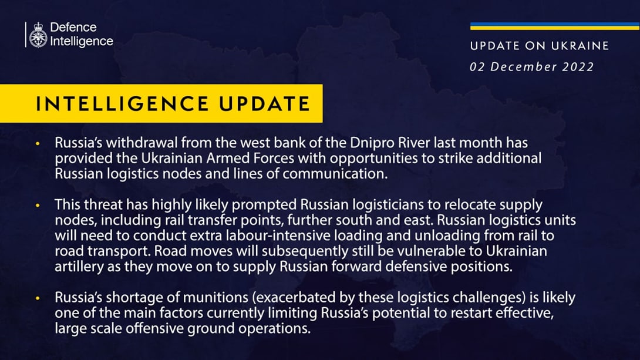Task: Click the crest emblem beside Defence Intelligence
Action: coord(38,35)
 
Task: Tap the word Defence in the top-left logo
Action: coord(73,28)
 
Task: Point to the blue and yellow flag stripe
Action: coord(555,26)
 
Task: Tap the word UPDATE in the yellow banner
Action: coord(264,104)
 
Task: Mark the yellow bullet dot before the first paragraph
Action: coord(38,144)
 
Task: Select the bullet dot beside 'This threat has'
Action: coord(38,206)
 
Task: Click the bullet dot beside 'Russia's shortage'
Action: coord(38,298)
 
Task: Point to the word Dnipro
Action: coord(369,143)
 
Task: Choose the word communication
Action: coord(335,173)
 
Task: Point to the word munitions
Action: coord(215,297)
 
